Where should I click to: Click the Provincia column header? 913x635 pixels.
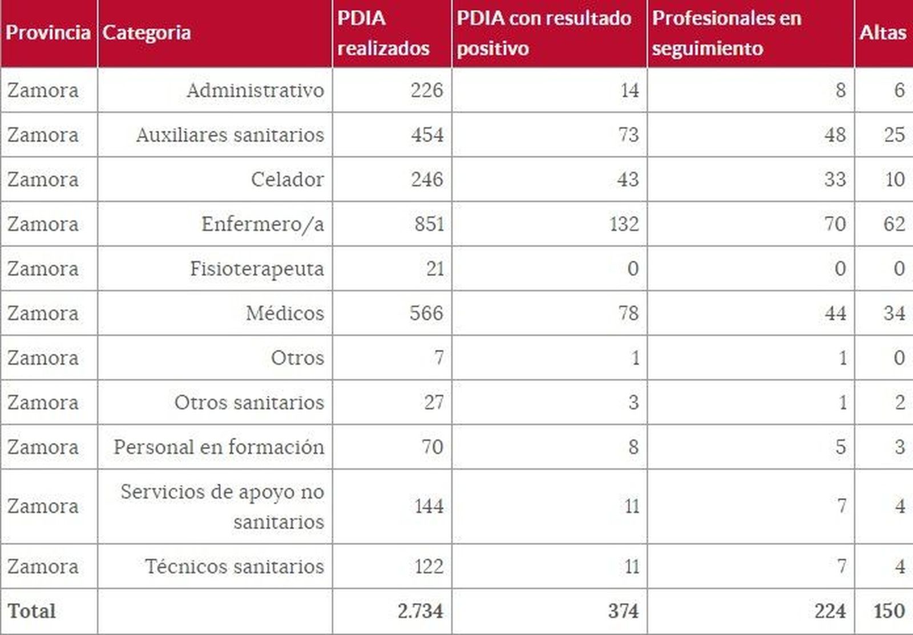click(x=48, y=33)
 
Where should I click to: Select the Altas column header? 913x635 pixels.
click(x=882, y=33)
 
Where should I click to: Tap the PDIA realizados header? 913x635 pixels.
click(x=383, y=33)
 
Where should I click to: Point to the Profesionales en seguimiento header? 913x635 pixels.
click(x=726, y=33)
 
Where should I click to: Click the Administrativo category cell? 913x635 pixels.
click(x=255, y=90)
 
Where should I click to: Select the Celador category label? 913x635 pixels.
click(x=287, y=179)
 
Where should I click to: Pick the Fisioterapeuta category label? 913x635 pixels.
click(x=257, y=268)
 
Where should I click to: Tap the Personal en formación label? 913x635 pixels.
click(x=219, y=447)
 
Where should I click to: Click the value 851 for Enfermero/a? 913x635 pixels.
click(x=429, y=224)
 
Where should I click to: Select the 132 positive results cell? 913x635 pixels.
click(x=624, y=224)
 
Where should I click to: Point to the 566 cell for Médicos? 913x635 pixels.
click(x=426, y=313)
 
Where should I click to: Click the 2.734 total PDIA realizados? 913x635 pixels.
click(x=420, y=611)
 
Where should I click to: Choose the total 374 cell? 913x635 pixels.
click(x=623, y=611)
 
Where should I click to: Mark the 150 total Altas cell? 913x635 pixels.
click(x=889, y=611)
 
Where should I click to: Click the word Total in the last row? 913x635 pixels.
click(x=32, y=611)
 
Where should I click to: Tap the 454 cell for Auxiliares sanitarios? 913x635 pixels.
click(x=427, y=135)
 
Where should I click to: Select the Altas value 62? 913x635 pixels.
click(x=894, y=224)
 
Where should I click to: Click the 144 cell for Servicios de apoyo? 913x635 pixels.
click(x=429, y=506)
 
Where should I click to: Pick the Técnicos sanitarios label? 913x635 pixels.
click(x=234, y=567)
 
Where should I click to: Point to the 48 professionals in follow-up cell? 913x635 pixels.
click(x=835, y=135)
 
